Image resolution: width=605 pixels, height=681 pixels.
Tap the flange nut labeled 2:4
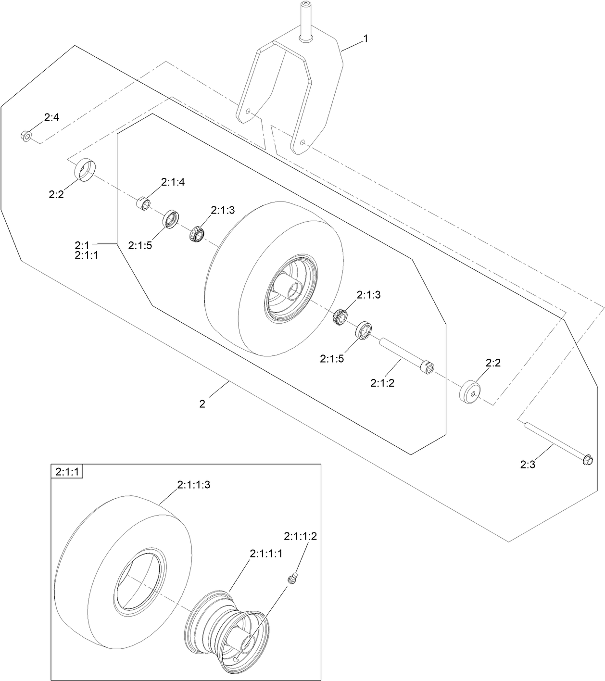26,136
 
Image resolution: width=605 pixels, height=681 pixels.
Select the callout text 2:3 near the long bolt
528,465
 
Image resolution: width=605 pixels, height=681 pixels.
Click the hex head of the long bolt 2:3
587,460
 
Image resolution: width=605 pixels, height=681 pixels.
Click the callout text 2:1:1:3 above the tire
193,485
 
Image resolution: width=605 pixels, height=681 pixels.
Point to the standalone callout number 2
202,404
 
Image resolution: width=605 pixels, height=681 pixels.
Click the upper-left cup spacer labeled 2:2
86,169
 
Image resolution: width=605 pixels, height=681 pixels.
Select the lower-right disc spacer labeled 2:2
471,392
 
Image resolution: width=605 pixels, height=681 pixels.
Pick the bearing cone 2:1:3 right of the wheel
341,317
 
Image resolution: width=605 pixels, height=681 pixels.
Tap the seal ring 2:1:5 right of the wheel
364,331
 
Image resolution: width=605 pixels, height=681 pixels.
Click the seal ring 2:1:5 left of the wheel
170,219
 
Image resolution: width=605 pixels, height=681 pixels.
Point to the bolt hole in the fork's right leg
302,143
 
